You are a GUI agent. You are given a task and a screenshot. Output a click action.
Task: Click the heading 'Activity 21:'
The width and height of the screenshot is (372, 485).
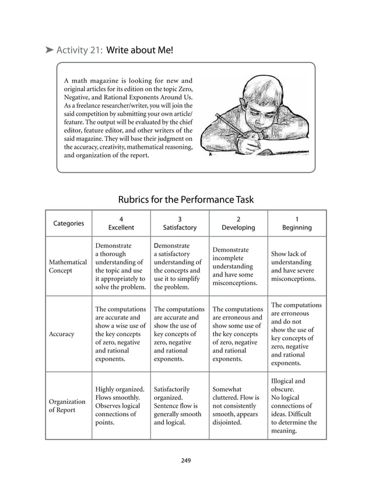click(79, 50)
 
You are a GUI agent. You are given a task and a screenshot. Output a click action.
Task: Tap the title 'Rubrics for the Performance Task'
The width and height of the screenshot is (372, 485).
click(185, 200)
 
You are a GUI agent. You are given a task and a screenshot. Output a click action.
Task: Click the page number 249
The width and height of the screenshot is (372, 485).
click(186, 460)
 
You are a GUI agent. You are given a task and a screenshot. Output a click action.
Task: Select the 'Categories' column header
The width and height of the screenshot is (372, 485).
click(68, 223)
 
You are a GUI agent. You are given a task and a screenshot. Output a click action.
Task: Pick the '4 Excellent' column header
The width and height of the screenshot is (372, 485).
click(121, 223)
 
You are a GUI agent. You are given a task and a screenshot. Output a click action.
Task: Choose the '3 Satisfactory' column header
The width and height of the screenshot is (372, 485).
click(180, 223)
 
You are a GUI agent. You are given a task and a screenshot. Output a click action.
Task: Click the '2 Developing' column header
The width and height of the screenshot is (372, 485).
click(238, 223)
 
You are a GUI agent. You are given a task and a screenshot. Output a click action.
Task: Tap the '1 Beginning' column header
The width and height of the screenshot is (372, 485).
click(297, 223)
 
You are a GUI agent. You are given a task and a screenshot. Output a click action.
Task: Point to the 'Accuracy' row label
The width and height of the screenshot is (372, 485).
click(62, 334)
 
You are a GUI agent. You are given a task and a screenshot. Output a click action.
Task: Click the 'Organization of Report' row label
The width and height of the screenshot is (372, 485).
click(67, 406)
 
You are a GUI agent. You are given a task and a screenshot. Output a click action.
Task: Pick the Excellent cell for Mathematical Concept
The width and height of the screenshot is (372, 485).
click(120, 267)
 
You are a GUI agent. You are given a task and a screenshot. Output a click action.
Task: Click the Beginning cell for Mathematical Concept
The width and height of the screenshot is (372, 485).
click(296, 267)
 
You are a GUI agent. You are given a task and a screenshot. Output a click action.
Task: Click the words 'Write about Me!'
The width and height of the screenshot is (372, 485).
click(140, 50)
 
